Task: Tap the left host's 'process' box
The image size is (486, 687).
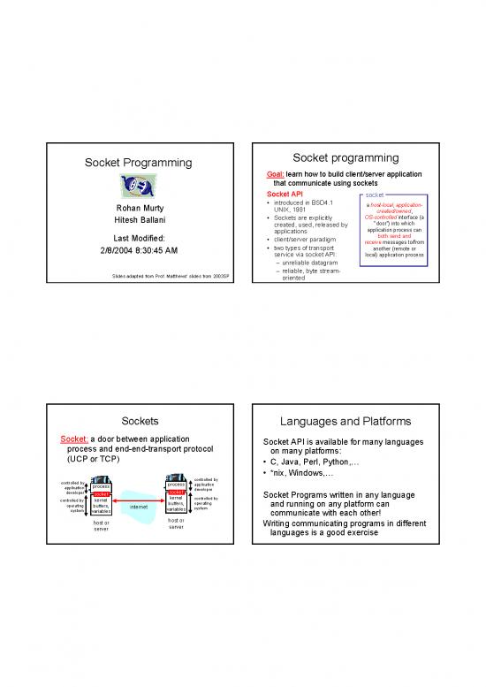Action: tap(101, 486)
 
